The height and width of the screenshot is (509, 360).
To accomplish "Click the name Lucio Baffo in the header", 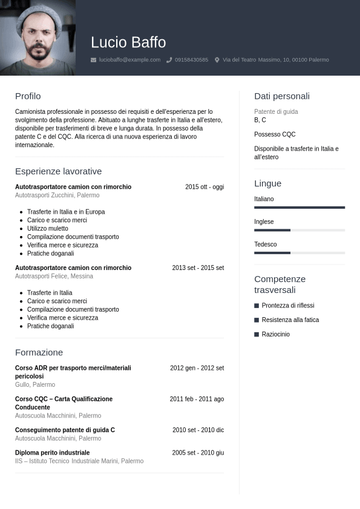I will tap(128, 42).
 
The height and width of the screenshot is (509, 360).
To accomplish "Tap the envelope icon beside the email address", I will tap(93, 60).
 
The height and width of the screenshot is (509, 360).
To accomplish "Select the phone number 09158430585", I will tap(191, 60).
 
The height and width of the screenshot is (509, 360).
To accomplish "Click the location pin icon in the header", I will tap(217, 60).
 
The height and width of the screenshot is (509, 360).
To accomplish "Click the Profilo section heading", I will tap(28, 96).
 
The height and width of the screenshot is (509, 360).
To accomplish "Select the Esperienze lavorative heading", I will tap(58, 171).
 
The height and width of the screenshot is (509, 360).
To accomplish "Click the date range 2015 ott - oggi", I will tap(205, 187).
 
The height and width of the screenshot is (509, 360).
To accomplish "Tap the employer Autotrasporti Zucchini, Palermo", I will tap(57, 195).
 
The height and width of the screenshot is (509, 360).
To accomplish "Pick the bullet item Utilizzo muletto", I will tap(48, 229).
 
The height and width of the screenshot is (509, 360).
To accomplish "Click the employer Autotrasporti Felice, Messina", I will tap(54, 276).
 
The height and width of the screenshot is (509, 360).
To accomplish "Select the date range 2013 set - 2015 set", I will tap(198, 268).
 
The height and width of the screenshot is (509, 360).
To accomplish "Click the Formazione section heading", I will tap(39, 352).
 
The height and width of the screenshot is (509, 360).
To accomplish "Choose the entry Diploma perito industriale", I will tap(52, 453).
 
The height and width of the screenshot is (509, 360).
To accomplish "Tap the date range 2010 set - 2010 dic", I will tap(198, 430).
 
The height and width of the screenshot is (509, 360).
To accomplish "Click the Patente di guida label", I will tap(276, 112).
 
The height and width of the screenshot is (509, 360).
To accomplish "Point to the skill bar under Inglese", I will tap(299, 230).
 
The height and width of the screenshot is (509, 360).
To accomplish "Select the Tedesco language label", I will tap(266, 245).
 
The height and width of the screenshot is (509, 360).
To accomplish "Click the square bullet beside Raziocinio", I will tap(257, 334).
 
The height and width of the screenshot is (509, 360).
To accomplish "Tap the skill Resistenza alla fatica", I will tap(290, 320).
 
